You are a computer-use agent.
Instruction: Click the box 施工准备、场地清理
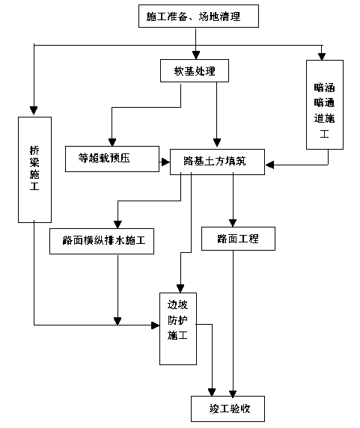tap(198, 16)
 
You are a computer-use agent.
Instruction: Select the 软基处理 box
tap(195, 70)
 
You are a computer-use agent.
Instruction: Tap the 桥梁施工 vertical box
tap(34, 170)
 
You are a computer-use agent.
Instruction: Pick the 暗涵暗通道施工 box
tap(325, 105)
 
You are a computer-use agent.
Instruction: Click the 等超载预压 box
tap(112, 159)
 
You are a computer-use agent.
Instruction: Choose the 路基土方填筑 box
tap(217, 162)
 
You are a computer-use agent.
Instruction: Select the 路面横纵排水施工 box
tap(102, 241)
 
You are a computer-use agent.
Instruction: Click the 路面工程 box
tap(238, 239)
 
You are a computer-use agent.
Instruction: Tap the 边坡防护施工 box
tap(178, 328)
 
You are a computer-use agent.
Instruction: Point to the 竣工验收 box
tap(228, 409)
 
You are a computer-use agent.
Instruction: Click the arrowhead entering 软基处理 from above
tap(195, 55)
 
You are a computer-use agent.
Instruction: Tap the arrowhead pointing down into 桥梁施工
tap(34, 111)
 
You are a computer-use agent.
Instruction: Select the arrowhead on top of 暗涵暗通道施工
tap(322, 57)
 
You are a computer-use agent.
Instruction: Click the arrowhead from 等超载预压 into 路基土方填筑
tap(165, 162)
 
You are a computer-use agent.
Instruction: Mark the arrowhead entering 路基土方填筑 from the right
tap(269, 165)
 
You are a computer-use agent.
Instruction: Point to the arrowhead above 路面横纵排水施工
tap(118, 224)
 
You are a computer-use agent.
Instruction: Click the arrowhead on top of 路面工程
tap(233, 223)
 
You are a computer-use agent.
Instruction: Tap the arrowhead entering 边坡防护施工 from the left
tap(155, 325)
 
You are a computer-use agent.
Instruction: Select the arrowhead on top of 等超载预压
tap(112, 142)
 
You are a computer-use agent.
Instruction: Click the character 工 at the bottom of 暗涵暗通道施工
tap(324, 134)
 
